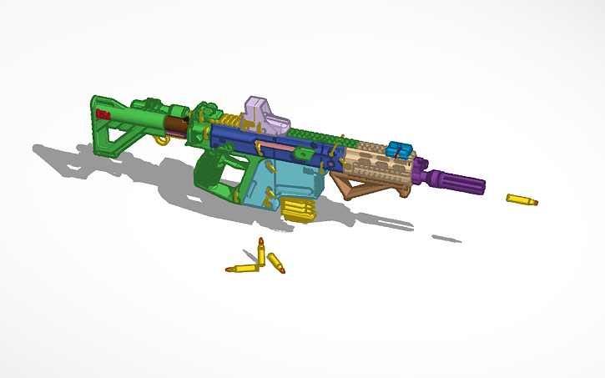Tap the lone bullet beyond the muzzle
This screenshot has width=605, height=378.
(522, 200)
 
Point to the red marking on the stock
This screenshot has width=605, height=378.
(104, 114)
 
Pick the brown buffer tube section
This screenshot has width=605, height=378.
(176, 127)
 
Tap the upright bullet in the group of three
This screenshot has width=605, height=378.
(261, 251)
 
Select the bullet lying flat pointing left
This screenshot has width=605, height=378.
(242, 269)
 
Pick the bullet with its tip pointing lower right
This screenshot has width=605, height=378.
(276, 264)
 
